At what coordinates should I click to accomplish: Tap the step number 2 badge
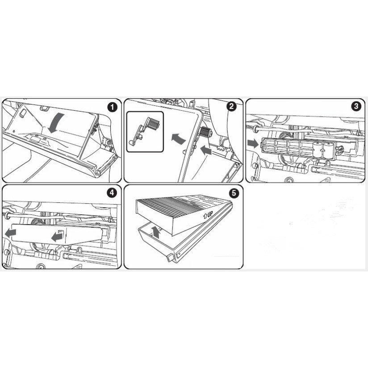point(231,106)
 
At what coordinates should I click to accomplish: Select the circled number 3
point(355,106)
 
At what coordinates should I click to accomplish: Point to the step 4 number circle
point(112,193)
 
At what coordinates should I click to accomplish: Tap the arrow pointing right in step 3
point(252,144)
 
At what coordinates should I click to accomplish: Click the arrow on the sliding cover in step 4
point(57,237)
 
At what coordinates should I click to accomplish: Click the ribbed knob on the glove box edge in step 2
point(205,132)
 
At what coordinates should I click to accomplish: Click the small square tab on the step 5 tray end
point(170,258)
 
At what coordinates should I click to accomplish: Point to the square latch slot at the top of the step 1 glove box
point(44,108)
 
